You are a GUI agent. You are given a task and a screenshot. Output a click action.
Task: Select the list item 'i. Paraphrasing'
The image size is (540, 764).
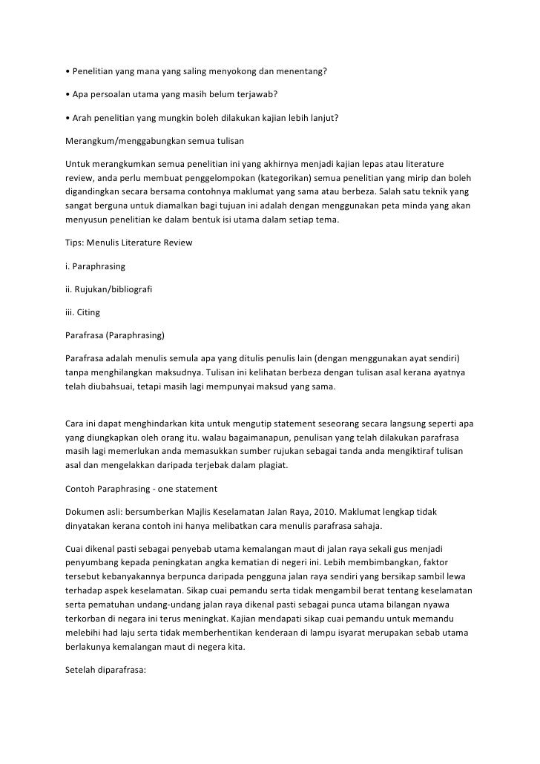point(95,265)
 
